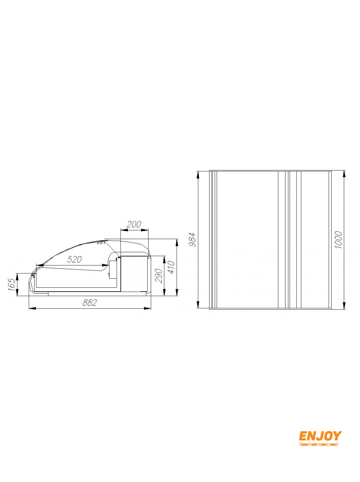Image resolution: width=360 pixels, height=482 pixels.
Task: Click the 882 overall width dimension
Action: coord(90,303)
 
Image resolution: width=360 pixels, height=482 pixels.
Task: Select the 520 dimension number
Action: coord(74,260)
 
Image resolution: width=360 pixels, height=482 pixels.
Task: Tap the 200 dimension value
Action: coord(134,225)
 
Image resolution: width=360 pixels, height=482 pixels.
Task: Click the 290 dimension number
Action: coord(158,276)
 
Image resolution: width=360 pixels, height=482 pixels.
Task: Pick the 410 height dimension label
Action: coord(171,267)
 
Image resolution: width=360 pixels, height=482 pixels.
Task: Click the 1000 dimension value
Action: coord(338,240)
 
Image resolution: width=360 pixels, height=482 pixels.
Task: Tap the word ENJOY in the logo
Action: coord(320,436)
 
